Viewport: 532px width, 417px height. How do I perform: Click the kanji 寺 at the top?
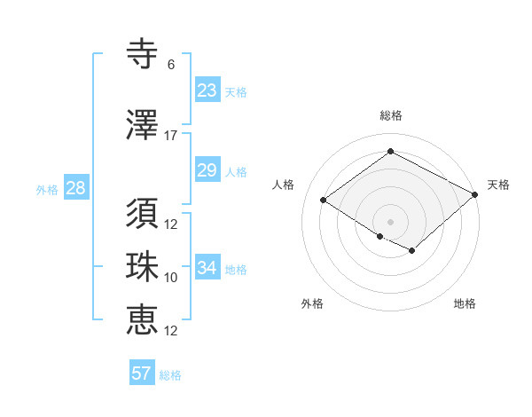[x=143, y=54]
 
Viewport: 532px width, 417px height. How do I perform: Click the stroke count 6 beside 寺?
[x=171, y=65]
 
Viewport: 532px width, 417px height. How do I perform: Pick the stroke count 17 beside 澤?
[x=171, y=136]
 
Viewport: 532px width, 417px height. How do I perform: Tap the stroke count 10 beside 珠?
[x=171, y=278]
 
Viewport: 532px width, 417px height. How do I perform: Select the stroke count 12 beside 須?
[x=171, y=224]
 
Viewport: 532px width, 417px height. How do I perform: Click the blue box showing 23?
[x=207, y=90]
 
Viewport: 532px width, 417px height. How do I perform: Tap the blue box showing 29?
[x=207, y=170]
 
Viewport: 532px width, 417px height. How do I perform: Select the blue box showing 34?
[x=207, y=267]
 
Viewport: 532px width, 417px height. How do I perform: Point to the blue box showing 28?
[x=75, y=188]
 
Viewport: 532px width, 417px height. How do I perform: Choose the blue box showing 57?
[x=142, y=373]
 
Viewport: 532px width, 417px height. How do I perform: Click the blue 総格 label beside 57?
[x=170, y=375]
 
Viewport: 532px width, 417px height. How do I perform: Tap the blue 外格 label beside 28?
[x=47, y=190]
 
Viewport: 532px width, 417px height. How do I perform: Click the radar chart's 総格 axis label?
[x=390, y=115]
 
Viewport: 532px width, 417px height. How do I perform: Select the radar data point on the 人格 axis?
[x=324, y=201]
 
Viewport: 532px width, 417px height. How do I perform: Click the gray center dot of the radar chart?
[x=390, y=221]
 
